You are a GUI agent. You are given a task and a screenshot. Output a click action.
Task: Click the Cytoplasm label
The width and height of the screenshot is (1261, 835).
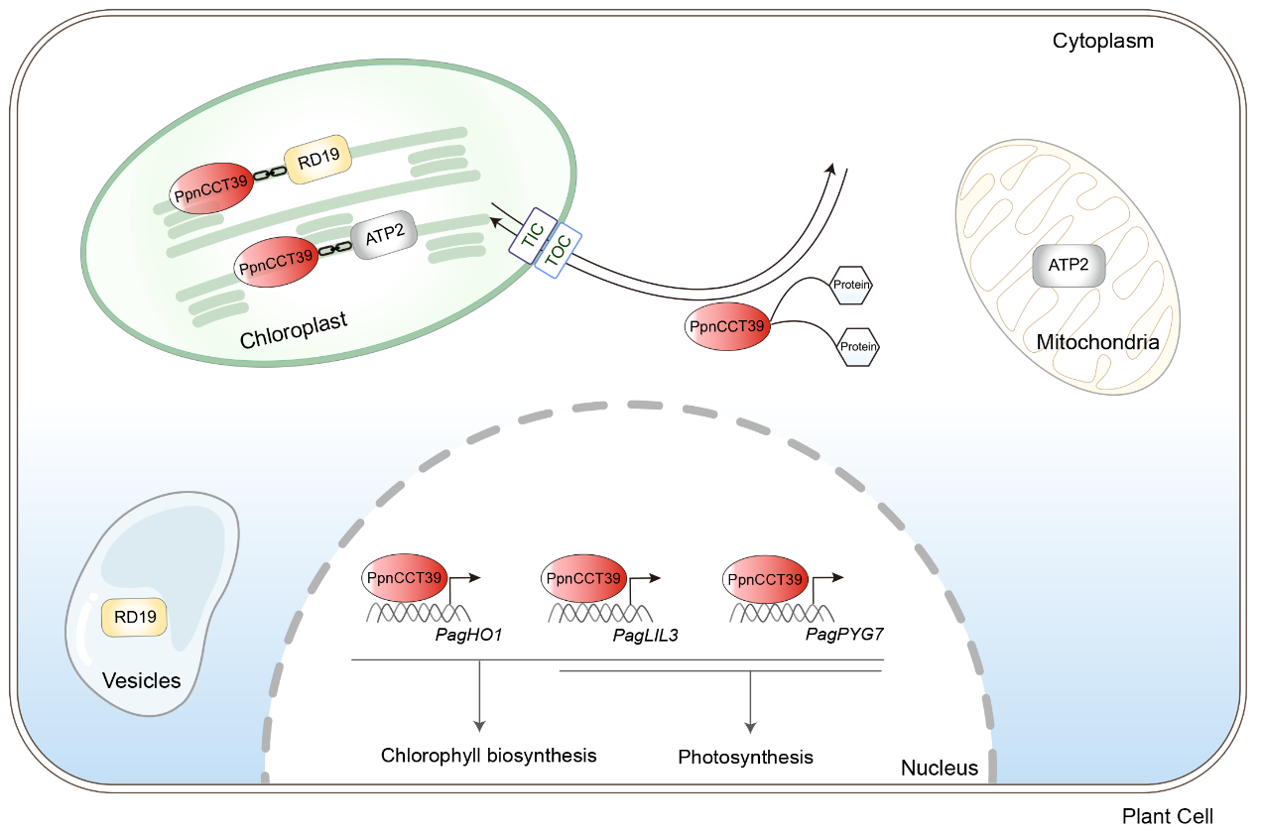click(x=1103, y=42)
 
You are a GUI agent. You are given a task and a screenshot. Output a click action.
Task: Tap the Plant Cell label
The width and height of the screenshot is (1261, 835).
click(x=1167, y=817)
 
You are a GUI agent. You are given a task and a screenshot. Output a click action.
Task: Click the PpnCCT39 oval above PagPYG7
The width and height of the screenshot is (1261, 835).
click(x=766, y=579)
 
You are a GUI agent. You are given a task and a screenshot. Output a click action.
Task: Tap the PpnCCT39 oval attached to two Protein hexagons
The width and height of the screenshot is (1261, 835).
click(x=728, y=325)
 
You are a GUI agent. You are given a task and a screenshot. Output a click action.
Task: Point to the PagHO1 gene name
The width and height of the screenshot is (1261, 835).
click(x=468, y=633)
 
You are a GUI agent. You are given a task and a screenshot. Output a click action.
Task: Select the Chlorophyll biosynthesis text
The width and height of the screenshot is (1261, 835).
click(x=489, y=755)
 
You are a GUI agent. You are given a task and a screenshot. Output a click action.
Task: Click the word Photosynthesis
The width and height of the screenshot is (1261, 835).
click(x=745, y=758)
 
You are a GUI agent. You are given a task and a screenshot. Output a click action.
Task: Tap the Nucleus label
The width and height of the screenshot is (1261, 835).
click(x=939, y=768)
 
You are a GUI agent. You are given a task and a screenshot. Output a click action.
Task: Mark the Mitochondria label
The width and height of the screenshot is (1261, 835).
click(x=1097, y=343)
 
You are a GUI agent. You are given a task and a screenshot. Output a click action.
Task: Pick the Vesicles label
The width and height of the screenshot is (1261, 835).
click(x=142, y=681)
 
